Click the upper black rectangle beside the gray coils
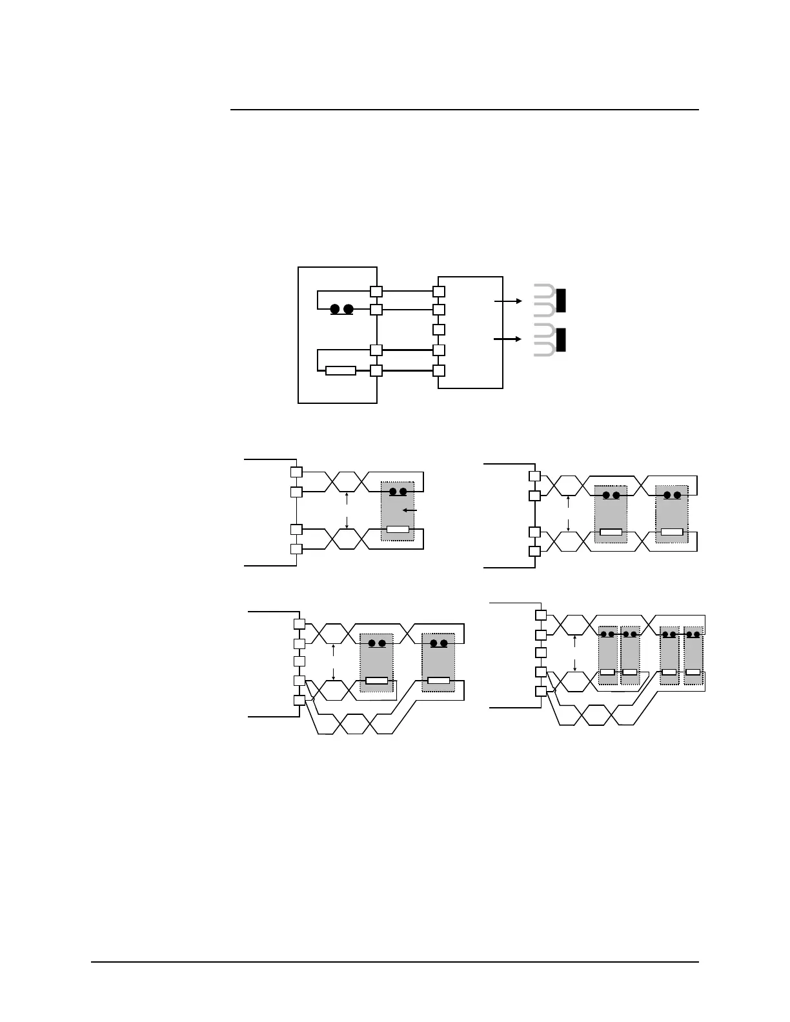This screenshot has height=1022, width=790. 561,301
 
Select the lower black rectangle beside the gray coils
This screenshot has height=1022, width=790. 561,340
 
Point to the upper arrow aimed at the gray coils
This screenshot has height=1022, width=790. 508,301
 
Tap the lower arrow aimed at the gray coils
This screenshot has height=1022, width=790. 508,339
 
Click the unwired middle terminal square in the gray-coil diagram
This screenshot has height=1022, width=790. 439,330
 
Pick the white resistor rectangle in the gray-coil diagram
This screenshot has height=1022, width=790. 340,371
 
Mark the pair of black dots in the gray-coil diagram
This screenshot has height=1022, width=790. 342,309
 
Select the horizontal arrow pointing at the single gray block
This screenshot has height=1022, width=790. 410,511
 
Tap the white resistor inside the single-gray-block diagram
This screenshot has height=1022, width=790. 398,530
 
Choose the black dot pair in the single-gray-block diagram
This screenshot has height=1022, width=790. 398,492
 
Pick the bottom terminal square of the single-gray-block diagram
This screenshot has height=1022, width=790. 296,549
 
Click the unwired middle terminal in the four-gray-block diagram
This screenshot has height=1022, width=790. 541,652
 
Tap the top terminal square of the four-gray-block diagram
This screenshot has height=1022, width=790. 541,615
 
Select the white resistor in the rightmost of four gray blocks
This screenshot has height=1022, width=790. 693,672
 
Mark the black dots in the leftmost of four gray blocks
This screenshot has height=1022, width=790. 607,634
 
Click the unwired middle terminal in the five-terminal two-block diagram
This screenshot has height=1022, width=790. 299,661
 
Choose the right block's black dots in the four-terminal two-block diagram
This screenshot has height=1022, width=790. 672,496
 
